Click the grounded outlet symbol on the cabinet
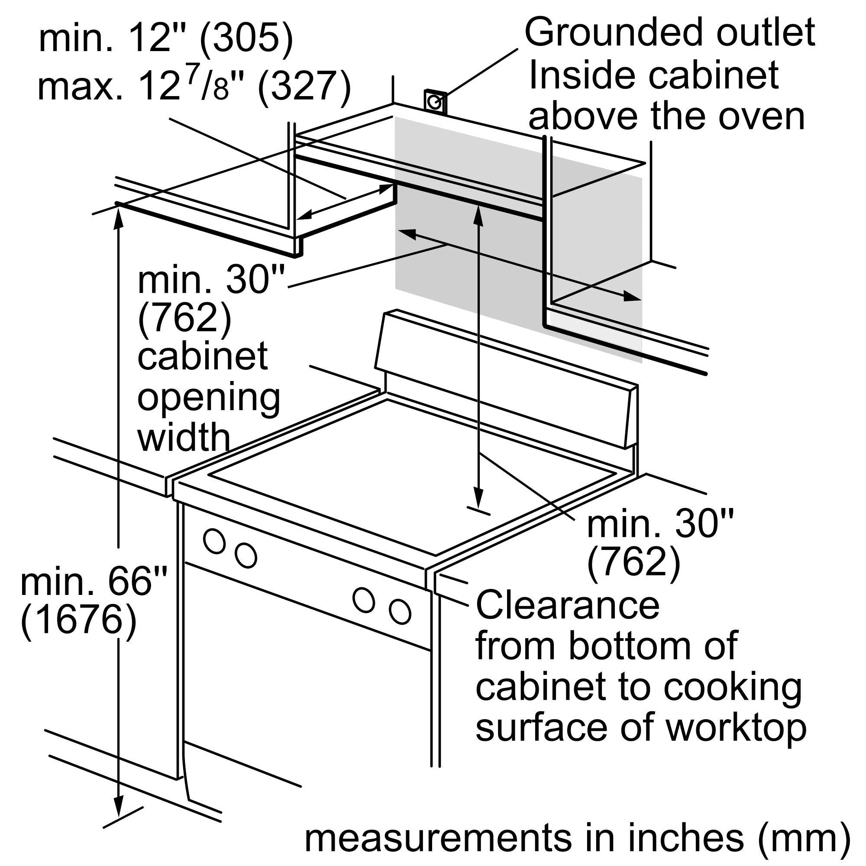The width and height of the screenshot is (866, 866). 435,102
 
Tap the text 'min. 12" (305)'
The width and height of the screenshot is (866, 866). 166,39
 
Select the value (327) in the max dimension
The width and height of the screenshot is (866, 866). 304,87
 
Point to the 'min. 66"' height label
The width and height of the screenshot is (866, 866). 94,582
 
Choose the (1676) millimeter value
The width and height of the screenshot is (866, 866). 78,620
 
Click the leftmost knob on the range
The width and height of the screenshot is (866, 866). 214,540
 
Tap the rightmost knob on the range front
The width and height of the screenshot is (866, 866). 400,611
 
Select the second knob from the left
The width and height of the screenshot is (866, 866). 246,556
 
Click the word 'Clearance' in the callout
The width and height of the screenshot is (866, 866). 568,605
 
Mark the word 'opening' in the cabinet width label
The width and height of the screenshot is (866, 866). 208,397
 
